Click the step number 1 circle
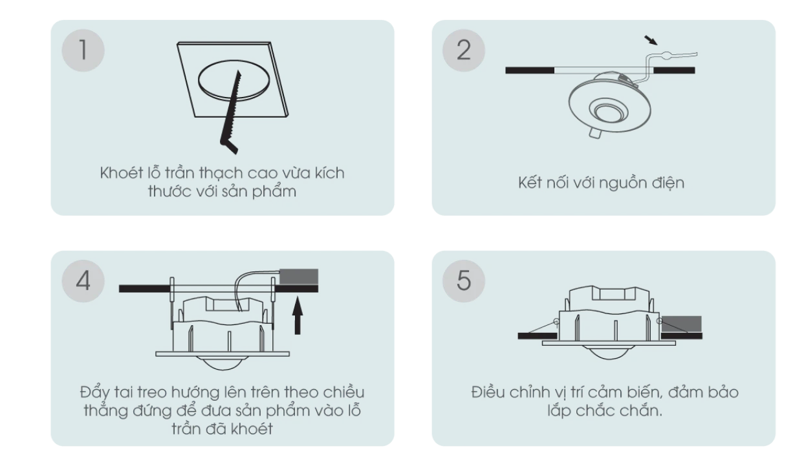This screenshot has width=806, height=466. pyautogui.click(x=83, y=50)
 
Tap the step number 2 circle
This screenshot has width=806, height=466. pyautogui.click(x=464, y=50)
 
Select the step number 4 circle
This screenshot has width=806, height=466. pyautogui.click(x=83, y=281)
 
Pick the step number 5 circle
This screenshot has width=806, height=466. pyautogui.click(x=464, y=281)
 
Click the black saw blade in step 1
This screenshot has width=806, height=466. pyautogui.click(x=230, y=114)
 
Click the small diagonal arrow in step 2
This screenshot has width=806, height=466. pyautogui.click(x=651, y=40)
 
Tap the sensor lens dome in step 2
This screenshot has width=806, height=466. pyautogui.click(x=609, y=111)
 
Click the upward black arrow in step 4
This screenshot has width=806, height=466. pyautogui.click(x=297, y=315)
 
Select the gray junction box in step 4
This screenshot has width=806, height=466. pyautogui.click(x=299, y=277)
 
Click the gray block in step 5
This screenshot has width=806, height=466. pyautogui.click(x=682, y=324)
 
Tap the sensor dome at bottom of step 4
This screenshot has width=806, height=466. pyautogui.click(x=223, y=363)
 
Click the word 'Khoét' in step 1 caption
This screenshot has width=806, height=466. pyautogui.click(x=122, y=173)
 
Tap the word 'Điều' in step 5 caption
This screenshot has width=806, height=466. pyautogui.click(x=488, y=392)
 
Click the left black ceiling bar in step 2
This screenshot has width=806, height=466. pyautogui.click(x=530, y=70)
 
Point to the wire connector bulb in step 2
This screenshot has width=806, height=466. pyautogui.click(x=666, y=56)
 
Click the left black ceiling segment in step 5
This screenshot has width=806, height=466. pyautogui.click(x=537, y=336)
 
